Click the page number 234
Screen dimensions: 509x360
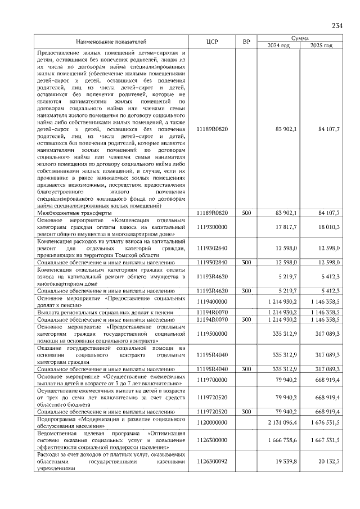click(x=337, y=26)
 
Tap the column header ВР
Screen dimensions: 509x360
click(x=246, y=42)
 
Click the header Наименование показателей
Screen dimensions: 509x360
click(x=111, y=42)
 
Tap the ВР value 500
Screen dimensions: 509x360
click(x=246, y=214)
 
